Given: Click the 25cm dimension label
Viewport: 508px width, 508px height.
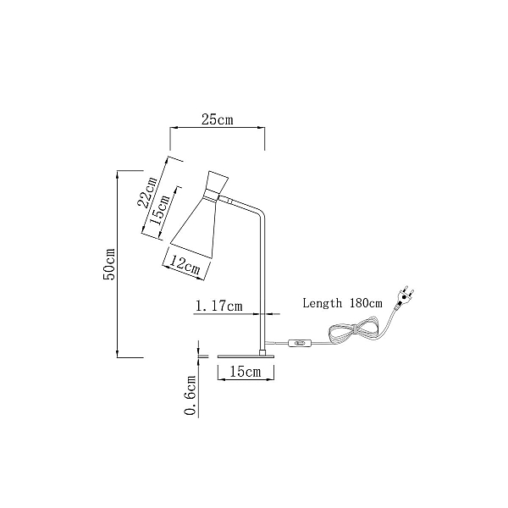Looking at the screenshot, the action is (217, 119).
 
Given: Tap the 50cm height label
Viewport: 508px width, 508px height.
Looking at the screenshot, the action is (109, 264).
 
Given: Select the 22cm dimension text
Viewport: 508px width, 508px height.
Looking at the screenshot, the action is (147, 192).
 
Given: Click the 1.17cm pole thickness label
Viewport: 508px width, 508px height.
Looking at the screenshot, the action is (219, 306).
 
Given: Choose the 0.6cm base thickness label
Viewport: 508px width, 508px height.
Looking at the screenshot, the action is (190, 395).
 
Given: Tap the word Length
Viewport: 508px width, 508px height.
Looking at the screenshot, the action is (322, 303).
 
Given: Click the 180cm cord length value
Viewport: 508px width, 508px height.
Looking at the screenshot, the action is (366, 303).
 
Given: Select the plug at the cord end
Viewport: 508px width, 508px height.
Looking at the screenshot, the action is (405, 295).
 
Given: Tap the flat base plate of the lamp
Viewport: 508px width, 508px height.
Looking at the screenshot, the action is (246, 356).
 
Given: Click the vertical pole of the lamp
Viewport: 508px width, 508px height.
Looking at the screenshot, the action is (262, 282).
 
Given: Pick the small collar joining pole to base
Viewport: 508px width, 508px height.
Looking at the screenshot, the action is (262, 352).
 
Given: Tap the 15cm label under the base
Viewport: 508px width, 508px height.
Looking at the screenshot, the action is (246, 372).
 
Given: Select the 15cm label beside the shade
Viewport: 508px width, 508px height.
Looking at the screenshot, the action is (160, 210).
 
